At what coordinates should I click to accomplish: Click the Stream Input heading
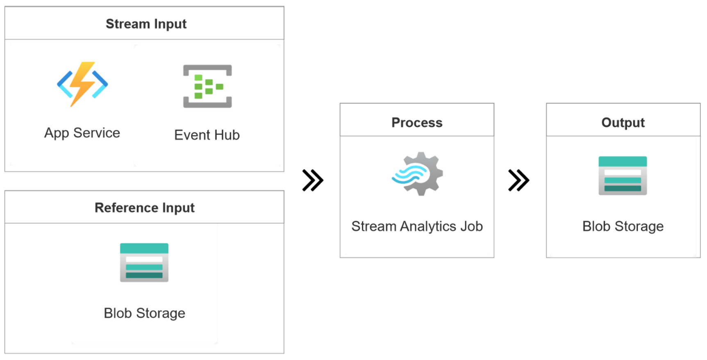(x=146, y=24)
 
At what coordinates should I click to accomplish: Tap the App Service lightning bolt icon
(x=82, y=84)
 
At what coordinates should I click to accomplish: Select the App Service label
(x=82, y=133)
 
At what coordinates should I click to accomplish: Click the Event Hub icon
(x=207, y=86)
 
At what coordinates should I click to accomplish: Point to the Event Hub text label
(x=207, y=135)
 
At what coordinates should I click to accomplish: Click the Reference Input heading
(x=144, y=207)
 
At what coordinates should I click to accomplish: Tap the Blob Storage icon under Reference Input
(x=144, y=262)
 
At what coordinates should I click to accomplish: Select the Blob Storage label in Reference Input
(x=144, y=313)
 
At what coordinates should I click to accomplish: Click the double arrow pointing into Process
(x=313, y=180)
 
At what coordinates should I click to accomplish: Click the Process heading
(x=417, y=123)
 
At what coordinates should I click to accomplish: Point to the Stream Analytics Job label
(x=417, y=226)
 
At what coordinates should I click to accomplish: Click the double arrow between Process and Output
(x=518, y=180)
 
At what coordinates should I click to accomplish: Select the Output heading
(x=623, y=123)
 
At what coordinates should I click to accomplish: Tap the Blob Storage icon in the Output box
(x=623, y=175)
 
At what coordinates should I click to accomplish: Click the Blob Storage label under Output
(x=623, y=226)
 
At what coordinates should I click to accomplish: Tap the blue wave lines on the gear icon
(x=408, y=174)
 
